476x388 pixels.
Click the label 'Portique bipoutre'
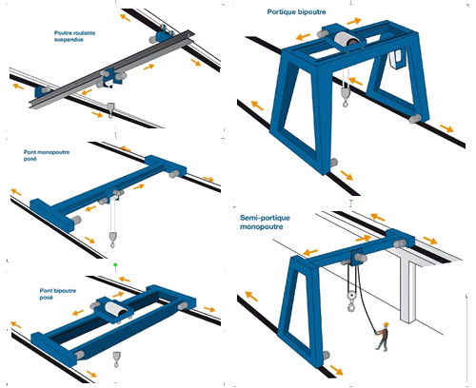pos(296,12)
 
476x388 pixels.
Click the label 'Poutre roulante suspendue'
pos(74,36)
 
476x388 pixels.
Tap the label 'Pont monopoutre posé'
pos(47,155)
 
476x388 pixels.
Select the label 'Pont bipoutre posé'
pos(58,294)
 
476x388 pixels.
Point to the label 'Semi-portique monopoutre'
pos(265,222)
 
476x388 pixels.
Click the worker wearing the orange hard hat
pos(383,337)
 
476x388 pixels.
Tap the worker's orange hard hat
pos(386,324)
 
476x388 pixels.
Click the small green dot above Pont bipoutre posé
pos(115,264)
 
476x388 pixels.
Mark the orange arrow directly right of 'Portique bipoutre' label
pos(354,21)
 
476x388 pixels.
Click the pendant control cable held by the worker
pos(365,298)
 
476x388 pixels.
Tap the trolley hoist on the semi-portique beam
pos(356,258)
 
